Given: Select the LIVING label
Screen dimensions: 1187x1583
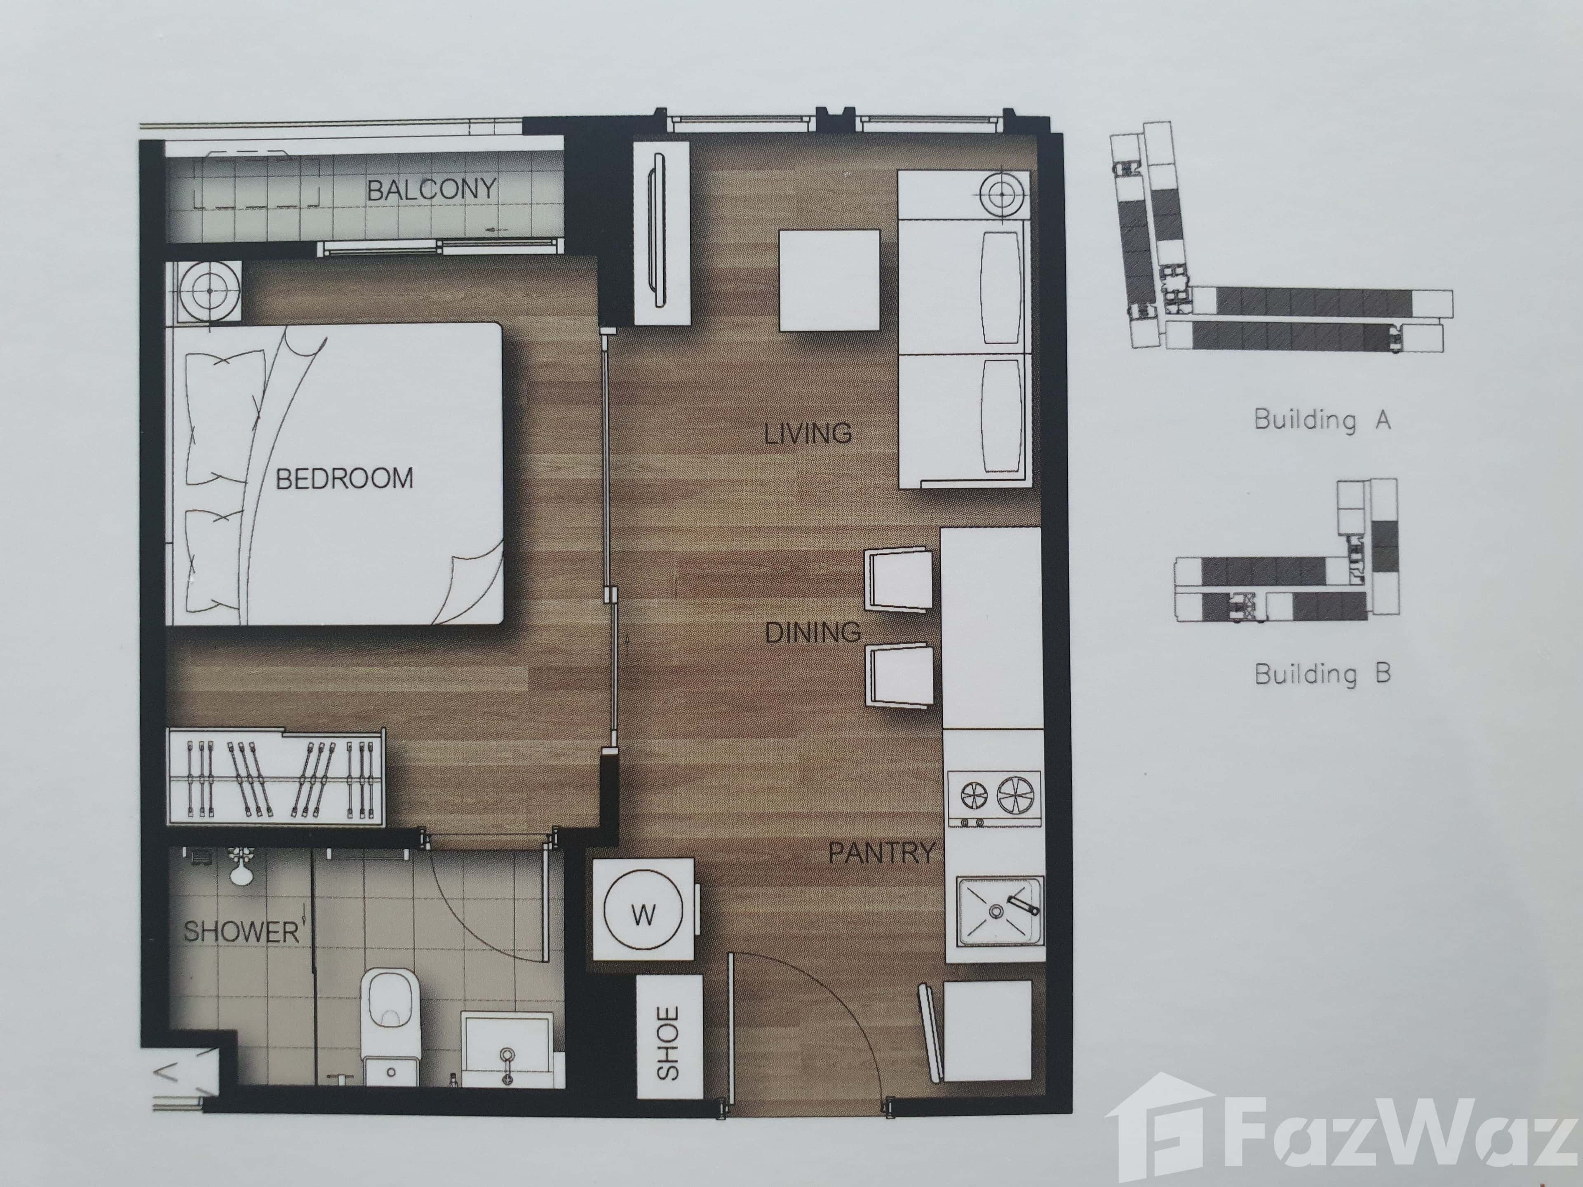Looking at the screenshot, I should [808, 434].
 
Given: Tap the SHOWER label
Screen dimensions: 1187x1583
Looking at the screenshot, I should [241, 931].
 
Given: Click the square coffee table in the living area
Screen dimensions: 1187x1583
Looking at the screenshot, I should [829, 280].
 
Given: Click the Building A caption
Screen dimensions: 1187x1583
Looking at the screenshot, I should [1321, 419].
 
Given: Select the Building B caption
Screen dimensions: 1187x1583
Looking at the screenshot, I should [1322, 673].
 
